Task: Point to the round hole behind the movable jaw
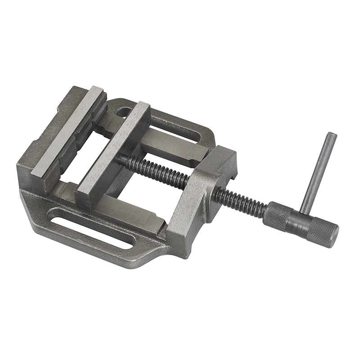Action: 122,109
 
